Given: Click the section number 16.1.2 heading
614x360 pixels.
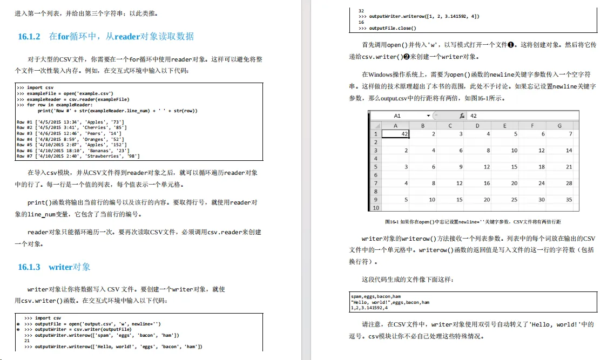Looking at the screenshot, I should pos(29,37).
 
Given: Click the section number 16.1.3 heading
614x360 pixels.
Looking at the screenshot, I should pos(29,267).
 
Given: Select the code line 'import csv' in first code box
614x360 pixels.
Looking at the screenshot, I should pos(35,86).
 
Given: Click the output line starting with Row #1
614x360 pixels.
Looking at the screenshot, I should pos(71,122).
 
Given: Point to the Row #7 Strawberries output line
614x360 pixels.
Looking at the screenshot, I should pos(78,156).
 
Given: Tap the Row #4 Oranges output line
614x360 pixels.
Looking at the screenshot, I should pos(71,139).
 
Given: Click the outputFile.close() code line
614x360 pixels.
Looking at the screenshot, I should pos(384,28).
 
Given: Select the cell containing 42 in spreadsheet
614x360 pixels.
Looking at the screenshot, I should pos(395,133).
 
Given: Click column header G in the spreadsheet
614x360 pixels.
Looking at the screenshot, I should pos(559,125).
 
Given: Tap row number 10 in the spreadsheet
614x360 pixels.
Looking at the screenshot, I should pos(375,208).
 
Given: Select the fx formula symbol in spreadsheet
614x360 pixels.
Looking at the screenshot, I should pos(462,116).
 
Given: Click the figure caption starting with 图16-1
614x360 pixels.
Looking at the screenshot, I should pos(473,222).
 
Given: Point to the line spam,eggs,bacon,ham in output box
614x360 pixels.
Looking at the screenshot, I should pos(376,296).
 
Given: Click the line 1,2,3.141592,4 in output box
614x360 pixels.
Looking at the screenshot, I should pos(369,308).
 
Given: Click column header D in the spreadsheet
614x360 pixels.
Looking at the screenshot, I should pos(477,125).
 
